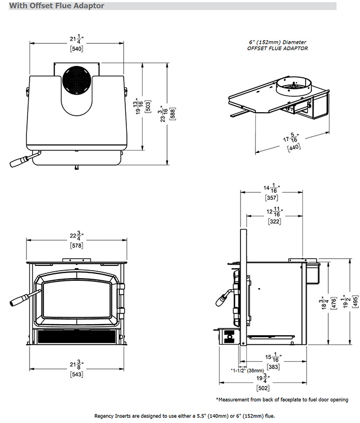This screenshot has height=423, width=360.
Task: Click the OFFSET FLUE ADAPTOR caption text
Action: pyautogui.click(x=278, y=48)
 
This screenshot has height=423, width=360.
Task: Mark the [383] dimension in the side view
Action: pyautogui.click(x=274, y=366)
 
